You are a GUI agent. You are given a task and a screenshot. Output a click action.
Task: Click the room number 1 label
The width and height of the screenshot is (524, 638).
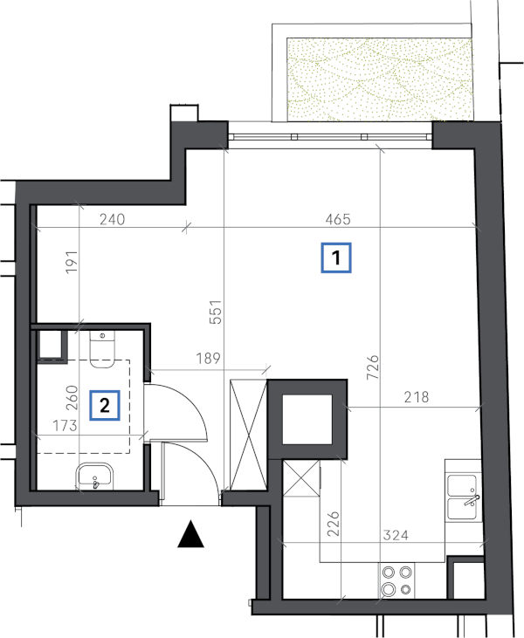tap(336, 257)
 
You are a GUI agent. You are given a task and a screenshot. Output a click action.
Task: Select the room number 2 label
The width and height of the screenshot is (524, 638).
tap(105, 405)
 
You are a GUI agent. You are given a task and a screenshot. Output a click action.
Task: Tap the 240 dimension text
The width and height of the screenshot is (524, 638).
tap(113, 219)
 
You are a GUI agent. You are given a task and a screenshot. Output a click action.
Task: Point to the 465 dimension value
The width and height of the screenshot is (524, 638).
tap(338, 219)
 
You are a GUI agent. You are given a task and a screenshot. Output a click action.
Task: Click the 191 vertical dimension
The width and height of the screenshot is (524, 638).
tap(72, 263)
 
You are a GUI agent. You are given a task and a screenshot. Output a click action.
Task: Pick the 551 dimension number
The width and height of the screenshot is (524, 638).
tap(217, 312)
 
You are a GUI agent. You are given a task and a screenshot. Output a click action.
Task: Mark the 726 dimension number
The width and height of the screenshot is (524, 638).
tap(373, 367)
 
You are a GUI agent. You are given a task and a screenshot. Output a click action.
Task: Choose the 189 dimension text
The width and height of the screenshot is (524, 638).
tap(208, 359)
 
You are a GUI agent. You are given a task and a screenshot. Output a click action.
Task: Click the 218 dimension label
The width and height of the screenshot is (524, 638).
tap(417, 397)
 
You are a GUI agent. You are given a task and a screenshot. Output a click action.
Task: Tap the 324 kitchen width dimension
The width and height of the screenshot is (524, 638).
tap(396, 535)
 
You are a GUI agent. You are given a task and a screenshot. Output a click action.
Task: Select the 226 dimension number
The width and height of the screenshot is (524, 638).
tap(334, 524)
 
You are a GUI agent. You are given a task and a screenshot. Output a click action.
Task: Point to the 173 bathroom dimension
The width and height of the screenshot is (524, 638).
tap(65, 426)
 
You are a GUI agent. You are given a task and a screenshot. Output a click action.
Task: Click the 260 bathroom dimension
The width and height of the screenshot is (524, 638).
tap(72, 397)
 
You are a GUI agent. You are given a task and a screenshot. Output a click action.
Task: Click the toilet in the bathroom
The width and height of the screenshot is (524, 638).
tap(102, 349)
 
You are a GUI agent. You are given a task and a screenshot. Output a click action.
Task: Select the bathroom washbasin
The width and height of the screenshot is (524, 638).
tap(94, 477)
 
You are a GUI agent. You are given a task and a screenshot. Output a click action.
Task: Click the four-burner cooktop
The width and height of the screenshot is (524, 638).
tap(396, 580)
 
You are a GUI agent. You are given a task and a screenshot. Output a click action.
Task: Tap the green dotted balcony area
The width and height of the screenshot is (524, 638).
tap(380, 79)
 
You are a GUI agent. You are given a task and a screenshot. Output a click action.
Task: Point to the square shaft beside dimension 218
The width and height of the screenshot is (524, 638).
tap(307, 420)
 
